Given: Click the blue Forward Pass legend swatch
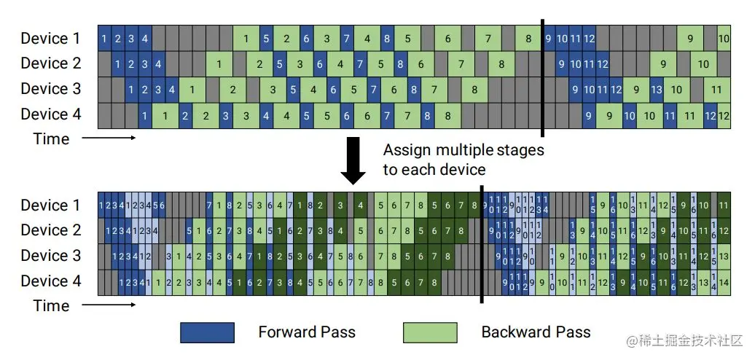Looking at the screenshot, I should click(207, 332).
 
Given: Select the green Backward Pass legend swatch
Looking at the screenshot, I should click(430, 332).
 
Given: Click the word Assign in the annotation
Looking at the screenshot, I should click(404, 151).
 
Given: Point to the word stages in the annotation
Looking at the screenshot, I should click(520, 151).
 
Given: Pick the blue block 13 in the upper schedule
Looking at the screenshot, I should click(656, 90).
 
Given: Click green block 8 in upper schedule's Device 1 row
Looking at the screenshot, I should click(528, 39).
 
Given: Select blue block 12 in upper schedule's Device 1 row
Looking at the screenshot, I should click(589, 39).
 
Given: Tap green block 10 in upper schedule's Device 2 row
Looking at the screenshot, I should click(703, 64).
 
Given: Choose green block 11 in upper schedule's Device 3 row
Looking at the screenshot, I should click(717, 90).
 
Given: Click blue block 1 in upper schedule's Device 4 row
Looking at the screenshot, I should click(145, 115).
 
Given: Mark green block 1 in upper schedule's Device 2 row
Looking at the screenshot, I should click(219, 64).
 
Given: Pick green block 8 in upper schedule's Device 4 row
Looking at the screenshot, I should click(447, 115).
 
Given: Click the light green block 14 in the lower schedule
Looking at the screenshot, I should click(724, 281).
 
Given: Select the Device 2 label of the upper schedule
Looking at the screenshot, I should click(50, 63).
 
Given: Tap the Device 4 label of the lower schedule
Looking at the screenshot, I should click(50, 281).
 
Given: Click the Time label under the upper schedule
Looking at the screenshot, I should click(51, 138).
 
